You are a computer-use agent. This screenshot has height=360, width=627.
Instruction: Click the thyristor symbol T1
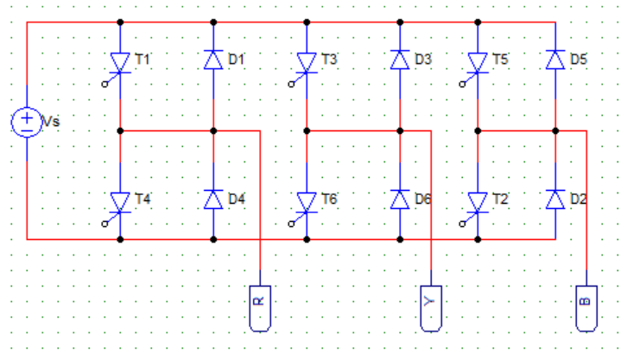(120, 63)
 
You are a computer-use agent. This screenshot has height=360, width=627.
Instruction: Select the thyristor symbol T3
(307, 63)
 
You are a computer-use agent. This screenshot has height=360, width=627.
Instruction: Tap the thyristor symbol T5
(478, 63)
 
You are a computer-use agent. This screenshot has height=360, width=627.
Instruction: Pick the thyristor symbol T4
(120, 203)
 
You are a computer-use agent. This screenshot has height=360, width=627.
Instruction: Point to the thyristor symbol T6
(307, 203)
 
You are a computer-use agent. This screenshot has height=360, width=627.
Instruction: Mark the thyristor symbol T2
(478, 203)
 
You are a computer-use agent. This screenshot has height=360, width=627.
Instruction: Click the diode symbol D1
(213, 60)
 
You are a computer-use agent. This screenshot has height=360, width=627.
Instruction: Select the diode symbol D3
(400, 60)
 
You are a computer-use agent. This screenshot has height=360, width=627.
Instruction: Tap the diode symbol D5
(555, 60)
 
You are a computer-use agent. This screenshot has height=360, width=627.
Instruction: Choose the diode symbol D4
(213, 199)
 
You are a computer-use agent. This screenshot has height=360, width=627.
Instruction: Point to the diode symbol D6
(400, 199)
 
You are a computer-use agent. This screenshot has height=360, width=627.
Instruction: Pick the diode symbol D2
(555, 199)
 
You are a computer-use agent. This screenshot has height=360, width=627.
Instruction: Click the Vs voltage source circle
(27, 123)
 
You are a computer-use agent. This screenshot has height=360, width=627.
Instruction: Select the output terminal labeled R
(260, 308)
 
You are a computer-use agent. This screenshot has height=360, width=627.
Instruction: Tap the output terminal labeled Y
(431, 308)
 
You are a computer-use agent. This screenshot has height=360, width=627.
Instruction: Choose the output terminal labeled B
(586, 308)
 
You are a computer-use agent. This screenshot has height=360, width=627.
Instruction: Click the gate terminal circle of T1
(104, 85)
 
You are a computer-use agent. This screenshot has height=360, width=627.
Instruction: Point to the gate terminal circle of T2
(462, 224)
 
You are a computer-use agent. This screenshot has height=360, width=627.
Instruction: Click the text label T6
(330, 199)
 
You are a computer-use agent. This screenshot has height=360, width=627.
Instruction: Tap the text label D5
(579, 59)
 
